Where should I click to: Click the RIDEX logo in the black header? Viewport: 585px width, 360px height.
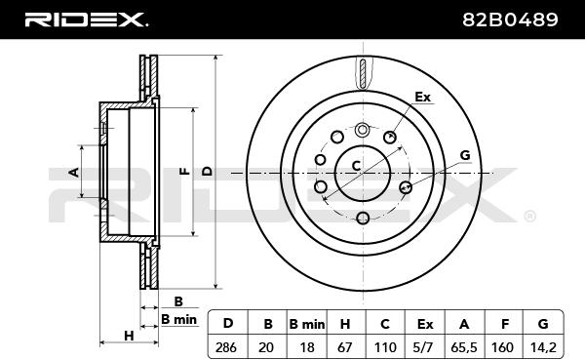coord(86,20)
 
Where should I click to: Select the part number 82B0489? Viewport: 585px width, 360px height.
coord(510,20)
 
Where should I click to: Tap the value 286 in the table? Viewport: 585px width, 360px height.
coord(226,347)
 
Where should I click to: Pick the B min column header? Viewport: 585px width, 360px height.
coord(307,324)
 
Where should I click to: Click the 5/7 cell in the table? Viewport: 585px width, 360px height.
coord(424,347)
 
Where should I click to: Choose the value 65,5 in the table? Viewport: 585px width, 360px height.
coord(464,347)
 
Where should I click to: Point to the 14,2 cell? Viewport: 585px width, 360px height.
coord(543,347)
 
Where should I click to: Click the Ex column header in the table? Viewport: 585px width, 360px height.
coord(425,324)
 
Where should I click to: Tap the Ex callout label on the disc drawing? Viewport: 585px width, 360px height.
coord(423,98)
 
